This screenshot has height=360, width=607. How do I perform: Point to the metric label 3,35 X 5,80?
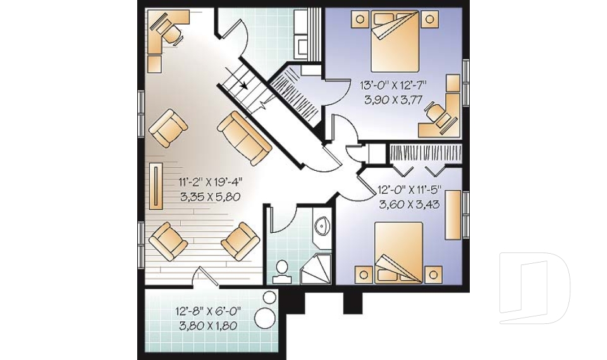point(211,197)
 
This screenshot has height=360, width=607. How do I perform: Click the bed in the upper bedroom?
point(394,43)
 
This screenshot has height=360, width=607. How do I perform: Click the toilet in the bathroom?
point(281,270)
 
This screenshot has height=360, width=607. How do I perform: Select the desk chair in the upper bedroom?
point(434,113)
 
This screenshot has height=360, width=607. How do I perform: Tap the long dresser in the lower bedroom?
point(452,216)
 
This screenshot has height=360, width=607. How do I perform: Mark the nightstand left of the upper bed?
point(360,19)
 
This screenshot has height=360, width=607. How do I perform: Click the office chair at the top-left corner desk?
point(166,27)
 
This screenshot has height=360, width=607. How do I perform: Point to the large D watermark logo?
point(535,288)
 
